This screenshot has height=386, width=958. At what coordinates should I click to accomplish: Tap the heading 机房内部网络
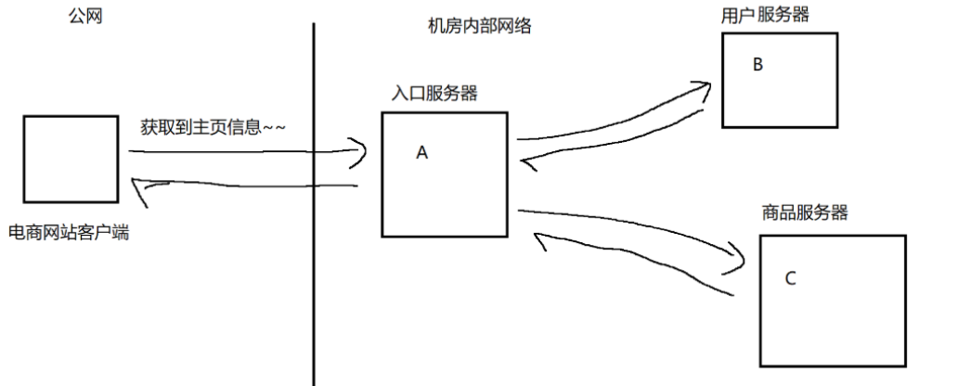coord(473,26)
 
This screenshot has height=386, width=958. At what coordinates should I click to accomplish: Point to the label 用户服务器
coord(765,15)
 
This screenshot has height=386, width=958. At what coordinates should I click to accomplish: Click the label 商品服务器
coord(804,212)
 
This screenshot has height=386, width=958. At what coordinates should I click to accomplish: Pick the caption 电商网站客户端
coord(69,232)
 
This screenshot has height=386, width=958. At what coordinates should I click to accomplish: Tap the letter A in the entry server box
coord(421,153)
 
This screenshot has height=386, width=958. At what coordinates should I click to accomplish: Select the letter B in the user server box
coord(757,65)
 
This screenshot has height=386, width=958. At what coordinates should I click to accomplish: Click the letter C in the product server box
coord(790,277)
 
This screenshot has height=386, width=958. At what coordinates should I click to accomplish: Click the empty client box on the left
coord(71,159)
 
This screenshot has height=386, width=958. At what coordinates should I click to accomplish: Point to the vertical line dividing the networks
coord(314,204)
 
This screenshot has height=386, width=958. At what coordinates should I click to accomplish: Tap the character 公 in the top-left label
coord(76,16)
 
